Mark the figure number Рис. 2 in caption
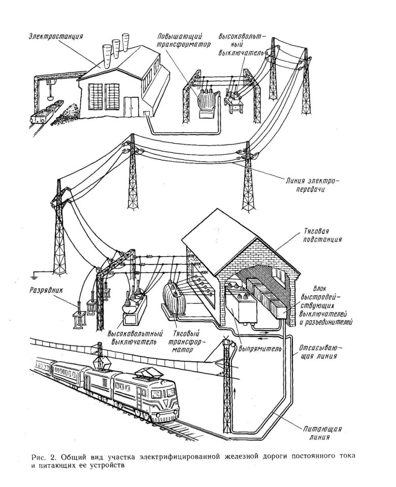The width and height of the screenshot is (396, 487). click(x=43, y=456)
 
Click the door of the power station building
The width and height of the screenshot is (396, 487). click(x=131, y=105)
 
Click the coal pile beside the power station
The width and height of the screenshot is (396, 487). click(x=68, y=114)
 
